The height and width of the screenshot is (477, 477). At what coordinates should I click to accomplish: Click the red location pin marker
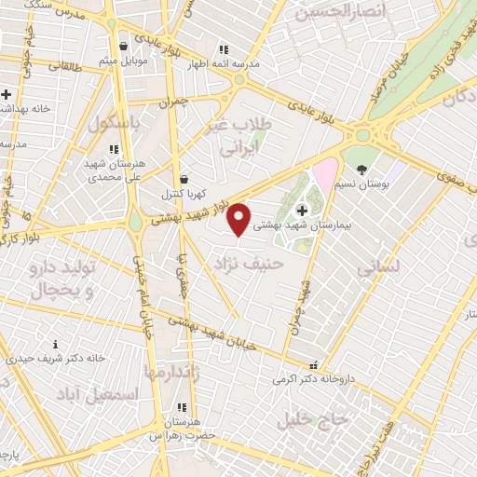click(x=240, y=219)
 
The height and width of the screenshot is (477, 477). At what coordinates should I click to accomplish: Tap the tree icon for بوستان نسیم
click(x=361, y=170)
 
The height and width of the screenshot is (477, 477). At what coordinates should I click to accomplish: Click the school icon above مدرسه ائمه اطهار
click(x=223, y=49)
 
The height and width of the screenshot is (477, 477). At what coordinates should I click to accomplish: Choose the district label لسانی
click(x=378, y=266)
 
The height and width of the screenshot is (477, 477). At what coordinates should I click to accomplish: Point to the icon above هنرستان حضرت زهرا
click(x=182, y=407)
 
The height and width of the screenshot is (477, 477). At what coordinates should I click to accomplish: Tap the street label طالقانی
click(x=64, y=66)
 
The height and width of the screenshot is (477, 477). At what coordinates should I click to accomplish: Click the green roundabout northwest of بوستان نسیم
click(x=362, y=136)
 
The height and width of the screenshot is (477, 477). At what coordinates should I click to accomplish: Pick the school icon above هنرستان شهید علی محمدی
click(x=114, y=149)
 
